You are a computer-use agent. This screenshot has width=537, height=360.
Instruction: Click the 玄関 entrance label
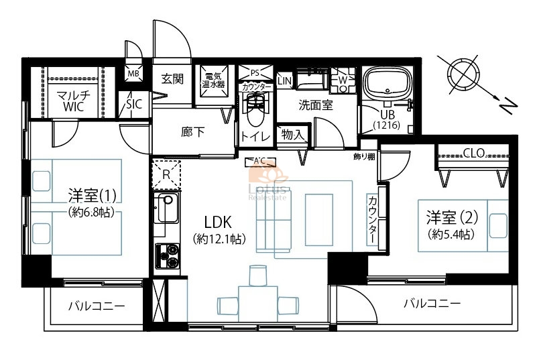click(x=172, y=79)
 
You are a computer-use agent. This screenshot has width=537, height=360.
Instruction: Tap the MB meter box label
click(x=133, y=73)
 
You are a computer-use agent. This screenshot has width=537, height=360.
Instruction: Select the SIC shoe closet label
click(x=134, y=104)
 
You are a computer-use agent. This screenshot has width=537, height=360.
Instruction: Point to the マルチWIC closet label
click(x=73, y=101)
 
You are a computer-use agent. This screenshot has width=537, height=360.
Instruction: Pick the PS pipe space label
click(x=255, y=72)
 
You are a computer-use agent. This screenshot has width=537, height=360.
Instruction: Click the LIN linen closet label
click(x=285, y=81)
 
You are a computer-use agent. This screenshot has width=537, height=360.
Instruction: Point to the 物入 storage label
click(x=293, y=135)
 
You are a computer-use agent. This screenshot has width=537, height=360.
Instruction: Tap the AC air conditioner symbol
click(x=260, y=162)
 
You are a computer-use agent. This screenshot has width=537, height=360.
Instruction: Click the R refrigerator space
click(x=166, y=175)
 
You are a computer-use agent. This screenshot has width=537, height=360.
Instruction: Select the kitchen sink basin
click(x=167, y=207)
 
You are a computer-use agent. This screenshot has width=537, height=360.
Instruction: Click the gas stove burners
click(x=168, y=255)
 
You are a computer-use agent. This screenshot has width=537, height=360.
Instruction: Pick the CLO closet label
click(x=473, y=153)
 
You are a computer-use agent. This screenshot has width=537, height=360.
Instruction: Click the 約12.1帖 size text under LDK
click(x=219, y=239)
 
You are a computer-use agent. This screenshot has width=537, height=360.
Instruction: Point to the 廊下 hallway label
click(x=193, y=132)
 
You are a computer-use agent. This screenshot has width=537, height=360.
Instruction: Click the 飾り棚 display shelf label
click(x=364, y=157)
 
